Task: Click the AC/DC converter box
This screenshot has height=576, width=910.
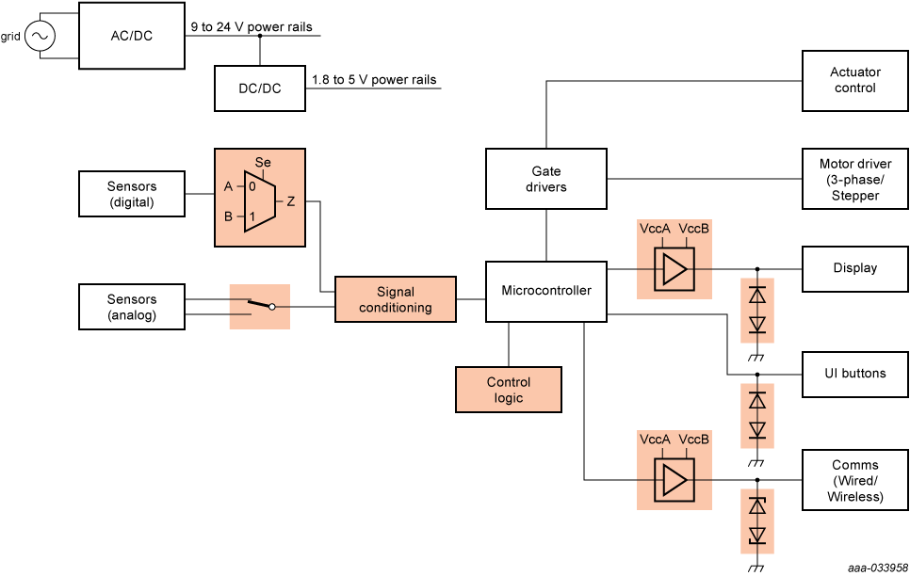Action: coord(131,36)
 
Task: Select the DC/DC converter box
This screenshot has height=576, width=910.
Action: coord(259,88)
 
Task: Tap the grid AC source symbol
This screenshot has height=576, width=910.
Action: coord(41,37)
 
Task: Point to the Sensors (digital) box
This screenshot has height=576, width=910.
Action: coord(131,195)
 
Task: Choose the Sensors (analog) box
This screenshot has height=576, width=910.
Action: coord(131,308)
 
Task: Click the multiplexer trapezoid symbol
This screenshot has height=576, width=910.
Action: coord(259,200)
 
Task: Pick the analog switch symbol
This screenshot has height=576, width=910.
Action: coord(260,306)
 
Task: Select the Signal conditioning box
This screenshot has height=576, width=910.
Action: coord(396,299)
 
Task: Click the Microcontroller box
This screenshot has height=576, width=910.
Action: coord(546,291)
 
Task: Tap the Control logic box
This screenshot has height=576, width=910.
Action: coord(509,390)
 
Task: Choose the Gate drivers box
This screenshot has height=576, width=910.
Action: coord(546,179)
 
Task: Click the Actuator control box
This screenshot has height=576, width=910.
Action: coord(854,80)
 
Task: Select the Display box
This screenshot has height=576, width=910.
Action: coord(854,268)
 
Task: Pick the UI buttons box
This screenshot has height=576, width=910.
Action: coord(854,374)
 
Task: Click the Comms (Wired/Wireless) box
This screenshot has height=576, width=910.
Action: coord(854,480)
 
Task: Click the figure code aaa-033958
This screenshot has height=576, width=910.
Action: coord(875,568)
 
